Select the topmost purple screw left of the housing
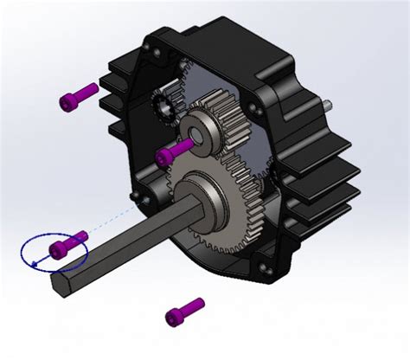click(79, 96)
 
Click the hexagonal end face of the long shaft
click(63, 280)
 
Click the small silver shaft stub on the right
click(330, 106)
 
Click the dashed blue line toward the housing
click(112, 220)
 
